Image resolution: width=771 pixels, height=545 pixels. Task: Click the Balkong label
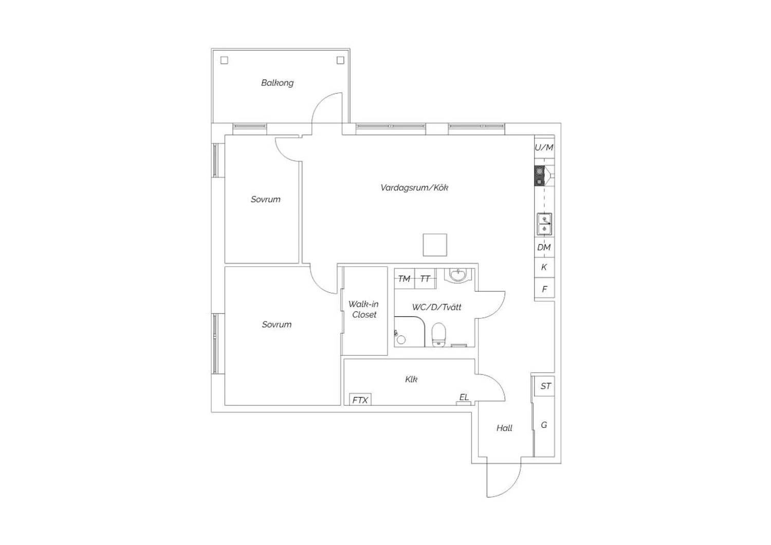(x=278, y=83)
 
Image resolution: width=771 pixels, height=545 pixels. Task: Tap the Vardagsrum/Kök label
(x=414, y=188)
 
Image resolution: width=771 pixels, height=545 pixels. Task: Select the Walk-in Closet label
(x=364, y=309)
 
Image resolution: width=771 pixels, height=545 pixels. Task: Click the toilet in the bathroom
(x=438, y=334)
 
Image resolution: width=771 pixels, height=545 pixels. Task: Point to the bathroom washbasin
(x=458, y=276)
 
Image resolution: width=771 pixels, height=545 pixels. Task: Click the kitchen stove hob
(x=539, y=176)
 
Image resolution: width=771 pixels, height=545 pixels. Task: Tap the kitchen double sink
(x=544, y=224)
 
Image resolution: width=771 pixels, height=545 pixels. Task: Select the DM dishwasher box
(x=544, y=247)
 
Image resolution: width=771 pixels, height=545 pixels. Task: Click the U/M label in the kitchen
(x=544, y=148)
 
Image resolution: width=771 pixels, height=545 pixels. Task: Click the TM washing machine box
(x=405, y=279)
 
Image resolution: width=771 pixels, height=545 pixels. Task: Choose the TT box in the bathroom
(x=425, y=279)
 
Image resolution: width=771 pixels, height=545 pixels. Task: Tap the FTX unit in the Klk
(x=360, y=399)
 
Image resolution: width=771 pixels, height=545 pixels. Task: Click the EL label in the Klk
(x=464, y=397)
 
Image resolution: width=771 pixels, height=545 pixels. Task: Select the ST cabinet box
(x=544, y=386)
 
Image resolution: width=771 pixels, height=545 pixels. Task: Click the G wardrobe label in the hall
(x=544, y=425)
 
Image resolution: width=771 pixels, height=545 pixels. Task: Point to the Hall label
(x=504, y=428)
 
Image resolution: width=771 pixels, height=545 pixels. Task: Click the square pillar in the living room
(x=435, y=245)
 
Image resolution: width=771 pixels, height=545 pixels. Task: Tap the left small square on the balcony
(x=224, y=60)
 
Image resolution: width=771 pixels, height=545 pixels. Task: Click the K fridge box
(x=544, y=267)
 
